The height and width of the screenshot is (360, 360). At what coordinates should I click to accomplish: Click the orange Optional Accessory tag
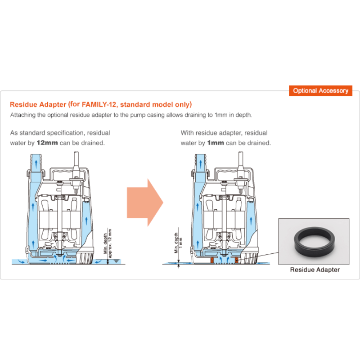click(320, 90)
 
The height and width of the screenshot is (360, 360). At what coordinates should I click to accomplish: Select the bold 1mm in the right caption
click(215, 143)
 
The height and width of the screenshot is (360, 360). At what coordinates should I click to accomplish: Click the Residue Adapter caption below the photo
click(315, 270)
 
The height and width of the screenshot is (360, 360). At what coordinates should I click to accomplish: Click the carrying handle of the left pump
click(63, 171)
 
